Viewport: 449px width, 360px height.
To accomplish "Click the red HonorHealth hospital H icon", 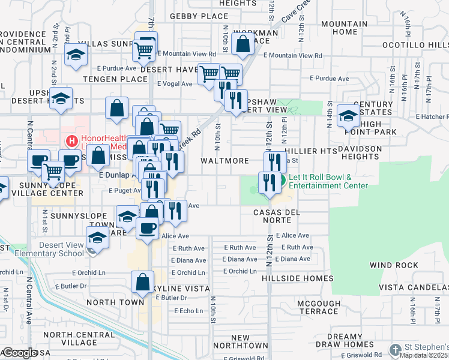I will click(72, 141).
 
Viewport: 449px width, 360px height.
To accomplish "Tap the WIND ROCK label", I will click(393, 265).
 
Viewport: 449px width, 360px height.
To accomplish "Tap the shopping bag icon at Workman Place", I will click(243, 43).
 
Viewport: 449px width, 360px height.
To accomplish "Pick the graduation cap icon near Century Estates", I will click(348, 115).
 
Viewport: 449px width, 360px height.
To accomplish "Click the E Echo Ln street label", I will click(188, 311).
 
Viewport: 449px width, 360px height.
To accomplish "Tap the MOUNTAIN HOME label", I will click(344, 28).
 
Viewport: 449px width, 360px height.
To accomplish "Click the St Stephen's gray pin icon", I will click(395, 349).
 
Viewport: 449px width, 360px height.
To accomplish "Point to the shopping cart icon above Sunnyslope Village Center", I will click(53, 172).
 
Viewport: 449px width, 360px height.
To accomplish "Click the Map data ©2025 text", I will click(424, 355).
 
